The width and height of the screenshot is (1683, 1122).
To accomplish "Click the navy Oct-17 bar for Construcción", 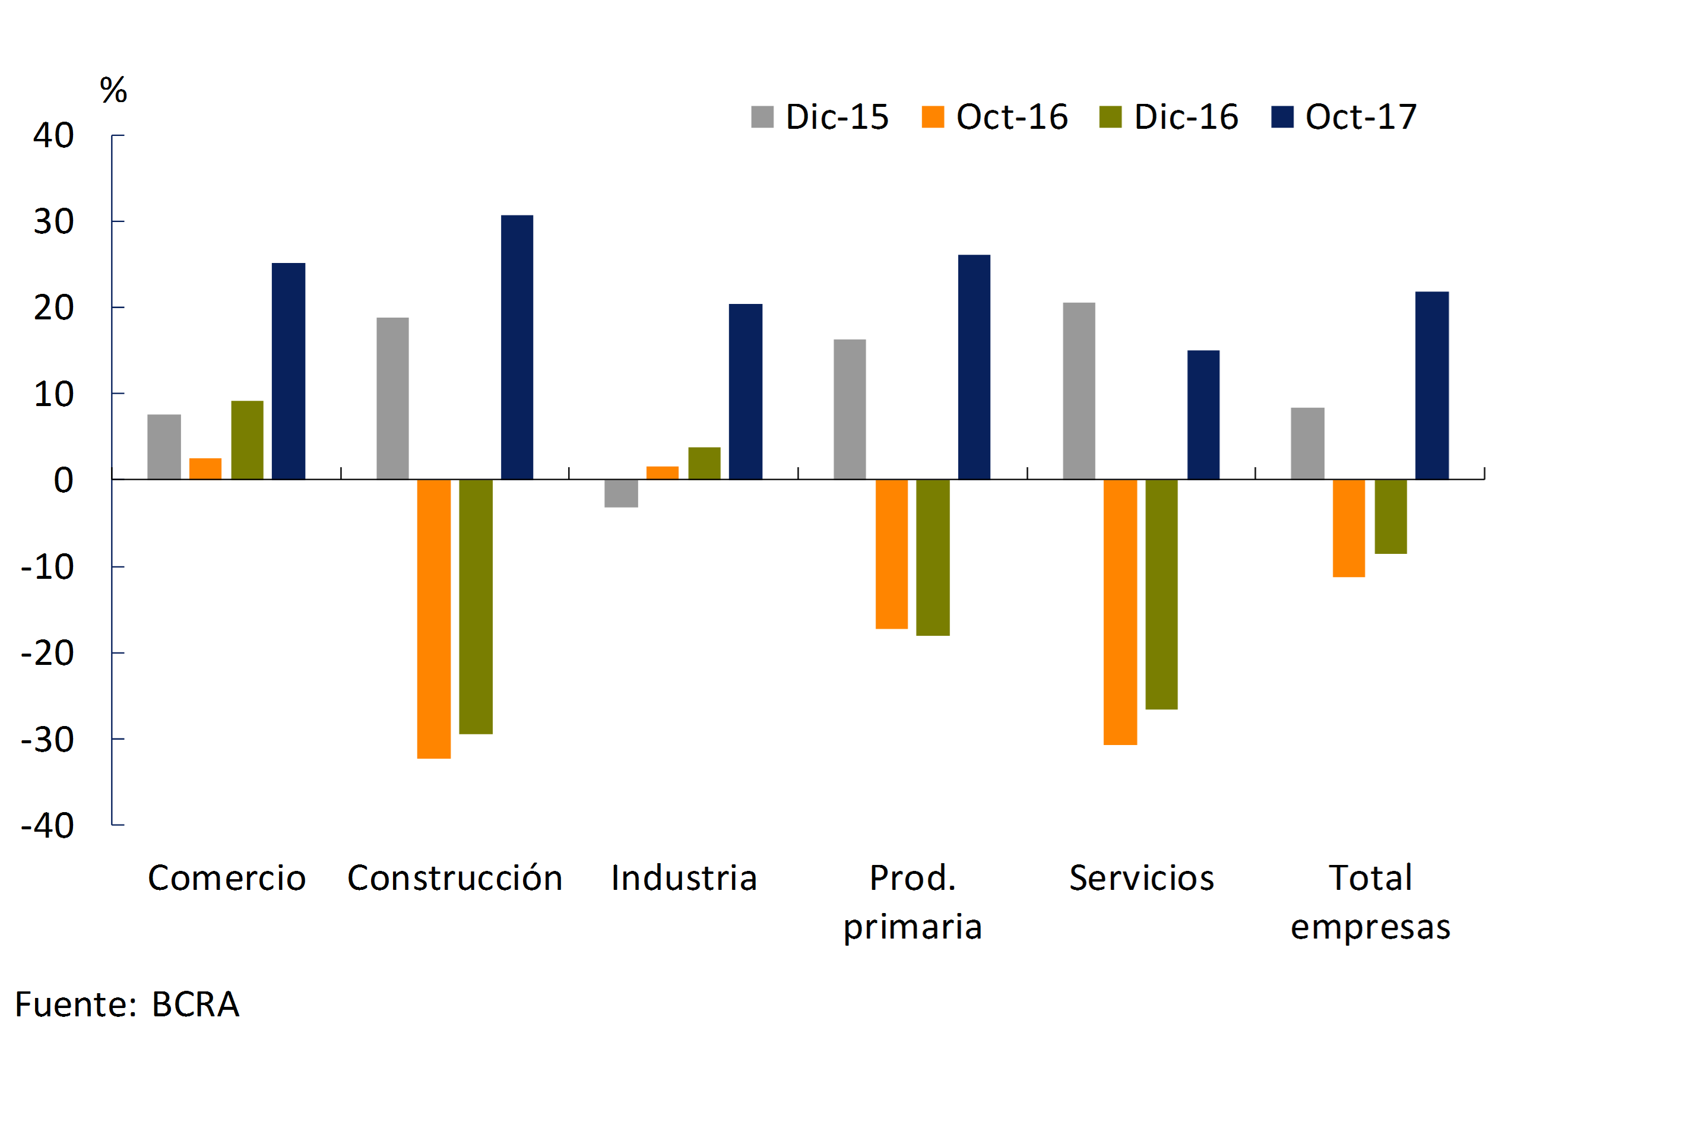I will click(x=516, y=347).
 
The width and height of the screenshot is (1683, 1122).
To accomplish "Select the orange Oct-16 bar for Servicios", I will click(x=1120, y=612).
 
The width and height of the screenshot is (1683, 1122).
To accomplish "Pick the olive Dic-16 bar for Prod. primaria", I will click(x=933, y=557).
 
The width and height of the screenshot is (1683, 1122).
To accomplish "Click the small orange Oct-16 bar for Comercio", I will click(x=205, y=469).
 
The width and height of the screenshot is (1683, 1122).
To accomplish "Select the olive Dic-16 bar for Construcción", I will click(x=476, y=606).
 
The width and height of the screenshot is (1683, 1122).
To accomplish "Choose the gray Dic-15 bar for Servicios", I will click(x=1079, y=391).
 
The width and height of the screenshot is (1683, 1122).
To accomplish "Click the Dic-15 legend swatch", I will click(x=762, y=116).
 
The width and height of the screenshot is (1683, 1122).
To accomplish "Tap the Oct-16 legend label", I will click(x=1012, y=116).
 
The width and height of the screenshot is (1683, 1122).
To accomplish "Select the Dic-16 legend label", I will click(x=1186, y=116).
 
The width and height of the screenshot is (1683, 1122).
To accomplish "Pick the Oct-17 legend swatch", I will click(x=1282, y=116).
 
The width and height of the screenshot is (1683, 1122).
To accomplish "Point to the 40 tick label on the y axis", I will click(x=53, y=135).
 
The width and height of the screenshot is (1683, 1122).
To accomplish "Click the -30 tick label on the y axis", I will click(x=48, y=740).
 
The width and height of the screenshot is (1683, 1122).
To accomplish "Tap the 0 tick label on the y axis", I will click(x=64, y=480).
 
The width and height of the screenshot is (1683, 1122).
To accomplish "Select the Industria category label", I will click(x=684, y=878).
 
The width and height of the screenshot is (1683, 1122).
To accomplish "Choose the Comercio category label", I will click(x=227, y=878).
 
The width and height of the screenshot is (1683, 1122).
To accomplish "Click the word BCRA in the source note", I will click(x=195, y=1004).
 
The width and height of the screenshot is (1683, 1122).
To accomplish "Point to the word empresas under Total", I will click(x=1370, y=927).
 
